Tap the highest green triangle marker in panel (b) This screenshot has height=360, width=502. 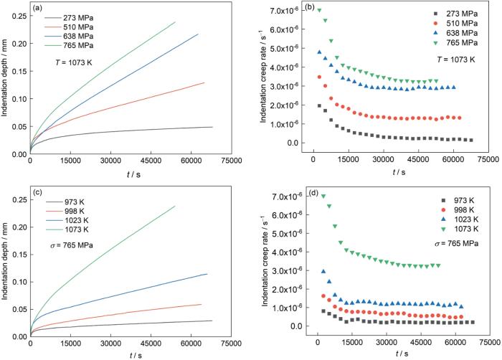click(319, 10)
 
